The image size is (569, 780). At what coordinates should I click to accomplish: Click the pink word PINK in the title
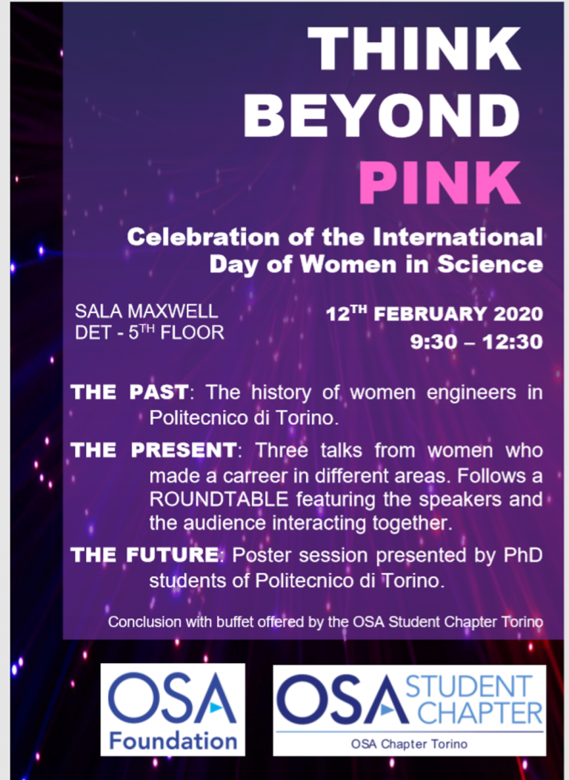tap(439, 183)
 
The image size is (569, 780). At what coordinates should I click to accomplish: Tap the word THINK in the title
tap(415, 48)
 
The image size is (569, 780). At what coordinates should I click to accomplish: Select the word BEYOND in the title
tap(382, 115)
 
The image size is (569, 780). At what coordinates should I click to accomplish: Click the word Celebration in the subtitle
tap(202, 237)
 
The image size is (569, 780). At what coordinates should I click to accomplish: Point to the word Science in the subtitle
tap(490, 264)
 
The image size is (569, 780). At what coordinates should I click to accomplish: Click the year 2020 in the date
tap(518, 314)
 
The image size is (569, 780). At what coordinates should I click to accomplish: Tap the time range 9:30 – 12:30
tap(476, 342)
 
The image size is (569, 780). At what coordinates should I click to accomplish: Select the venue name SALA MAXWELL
tap(147, 312)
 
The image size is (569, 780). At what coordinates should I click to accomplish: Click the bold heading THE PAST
tap(130, 392)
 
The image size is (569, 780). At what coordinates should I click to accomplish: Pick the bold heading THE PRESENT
tap(154, 450)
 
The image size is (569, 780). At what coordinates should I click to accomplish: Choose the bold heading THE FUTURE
tap(144, 555)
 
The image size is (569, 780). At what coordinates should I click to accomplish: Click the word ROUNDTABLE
tap(219, 499)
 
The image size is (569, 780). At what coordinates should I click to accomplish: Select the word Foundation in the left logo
tap(173, 741)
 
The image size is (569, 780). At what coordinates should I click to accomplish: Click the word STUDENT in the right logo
tap(469, 687)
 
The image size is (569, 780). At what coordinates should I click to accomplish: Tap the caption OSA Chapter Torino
tap(409, 744)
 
